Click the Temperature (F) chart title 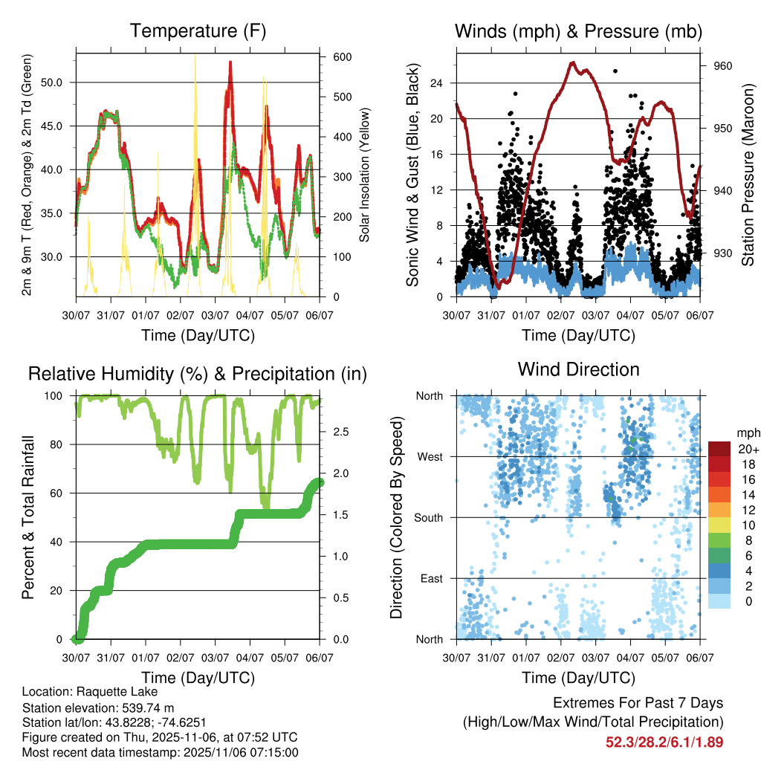coord(198,31)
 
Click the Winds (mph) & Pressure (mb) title coord(578,31)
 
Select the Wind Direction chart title coord(578,369)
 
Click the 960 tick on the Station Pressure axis coord(722,65)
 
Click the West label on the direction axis coord(430,456)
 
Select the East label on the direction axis coord(431,578)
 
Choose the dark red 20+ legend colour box coord(719,449)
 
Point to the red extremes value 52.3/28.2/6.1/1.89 coord(664,742)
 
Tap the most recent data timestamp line coord(161,752)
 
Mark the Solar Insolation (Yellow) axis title coord(365,175)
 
